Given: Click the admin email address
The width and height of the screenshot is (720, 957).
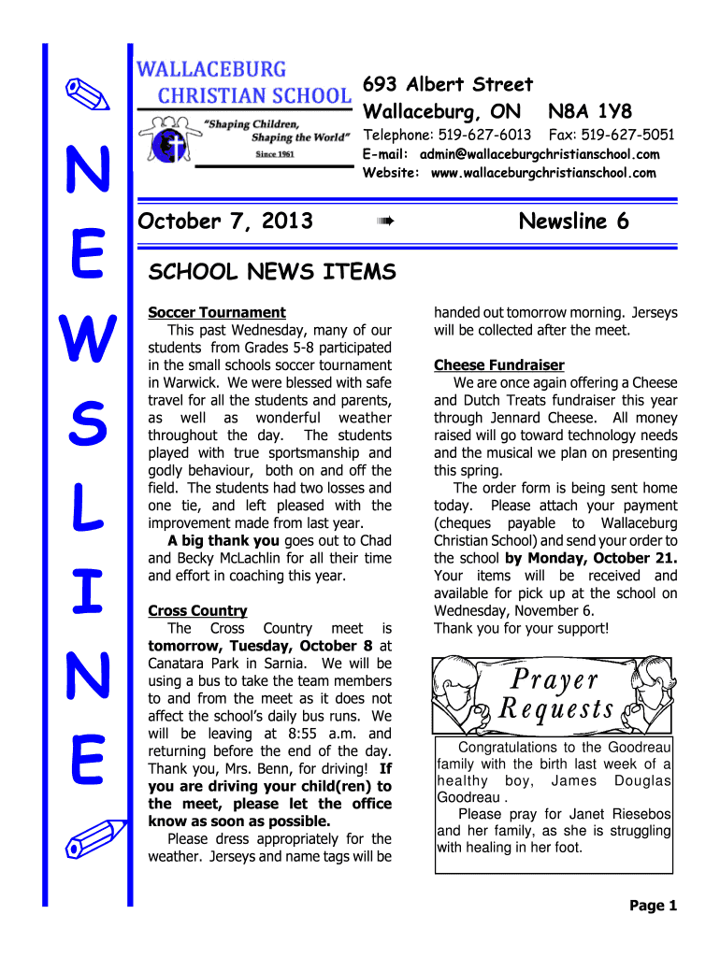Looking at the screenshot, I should coord(539,154).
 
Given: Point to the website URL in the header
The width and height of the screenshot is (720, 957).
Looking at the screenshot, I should coord(542,173).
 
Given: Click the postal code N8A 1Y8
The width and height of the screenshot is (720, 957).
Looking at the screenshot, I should coord(590,110).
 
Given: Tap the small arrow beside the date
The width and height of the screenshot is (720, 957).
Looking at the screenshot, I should coord(384,222).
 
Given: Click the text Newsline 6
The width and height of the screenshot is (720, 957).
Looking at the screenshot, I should coord(573,221).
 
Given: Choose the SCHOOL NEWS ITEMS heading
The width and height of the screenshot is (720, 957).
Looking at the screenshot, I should coord(272,272).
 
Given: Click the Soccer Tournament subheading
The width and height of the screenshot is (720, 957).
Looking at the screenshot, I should coord(217,312).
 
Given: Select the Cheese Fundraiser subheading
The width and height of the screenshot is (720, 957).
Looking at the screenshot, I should coord(498,365).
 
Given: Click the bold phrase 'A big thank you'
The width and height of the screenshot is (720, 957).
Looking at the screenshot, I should coord(223,541).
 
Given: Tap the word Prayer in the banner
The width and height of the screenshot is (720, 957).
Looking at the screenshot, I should coord(554,679).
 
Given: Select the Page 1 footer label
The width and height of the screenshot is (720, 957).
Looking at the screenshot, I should coord(653,906).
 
